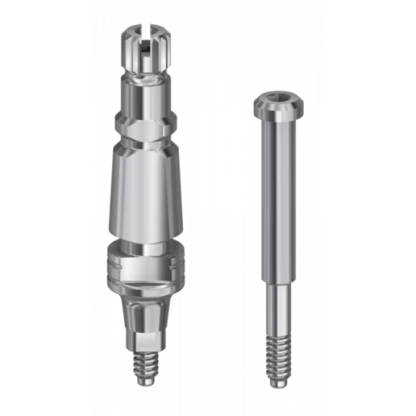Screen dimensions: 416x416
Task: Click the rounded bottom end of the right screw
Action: coord(277,384)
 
